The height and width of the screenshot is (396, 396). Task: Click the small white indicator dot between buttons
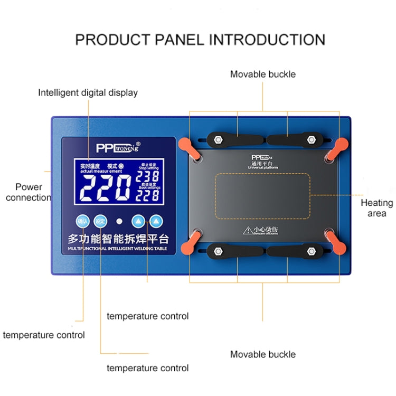120,221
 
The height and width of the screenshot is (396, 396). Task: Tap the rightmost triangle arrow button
156,221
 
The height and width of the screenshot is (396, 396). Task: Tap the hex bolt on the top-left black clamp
217,140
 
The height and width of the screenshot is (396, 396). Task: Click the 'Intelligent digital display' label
88,92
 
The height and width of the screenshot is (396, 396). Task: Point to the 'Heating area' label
376,208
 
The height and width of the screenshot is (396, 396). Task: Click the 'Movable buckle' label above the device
262,74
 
